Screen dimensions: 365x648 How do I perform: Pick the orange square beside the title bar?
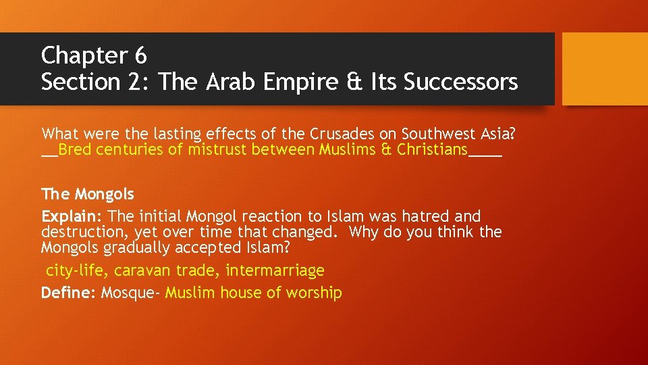[x=604, y=69]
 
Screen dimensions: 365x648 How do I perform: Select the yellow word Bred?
[x=74, y=149]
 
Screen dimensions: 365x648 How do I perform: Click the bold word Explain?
[x=71, y=217]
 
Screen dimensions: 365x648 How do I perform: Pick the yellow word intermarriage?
[x=275, y=271]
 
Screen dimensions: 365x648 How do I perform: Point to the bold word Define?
[x=69, y=293]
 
